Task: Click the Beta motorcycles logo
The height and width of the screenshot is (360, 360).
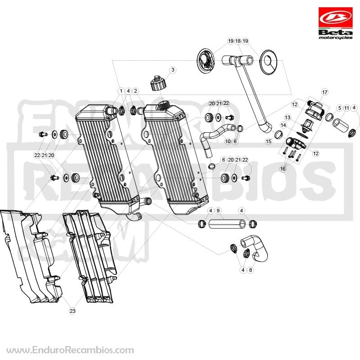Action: pos(335,23)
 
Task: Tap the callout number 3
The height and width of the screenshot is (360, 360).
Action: pos(173,70)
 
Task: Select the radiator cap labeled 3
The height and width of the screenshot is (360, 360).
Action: pos(158,83)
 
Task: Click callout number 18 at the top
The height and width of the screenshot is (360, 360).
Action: pos(238,41)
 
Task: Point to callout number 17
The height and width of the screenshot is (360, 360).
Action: pos(324,92)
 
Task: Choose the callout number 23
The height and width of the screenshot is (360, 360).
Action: pos(72,311)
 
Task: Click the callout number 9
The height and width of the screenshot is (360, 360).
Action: pos(218,211)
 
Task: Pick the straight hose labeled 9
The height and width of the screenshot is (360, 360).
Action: pos(227,224)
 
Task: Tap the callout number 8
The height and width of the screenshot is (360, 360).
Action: pos(251,270)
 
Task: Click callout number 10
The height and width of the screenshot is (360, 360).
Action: pos(228,141)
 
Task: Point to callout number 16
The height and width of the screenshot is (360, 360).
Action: pos(283,169)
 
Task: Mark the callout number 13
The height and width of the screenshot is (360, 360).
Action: pos(288,117)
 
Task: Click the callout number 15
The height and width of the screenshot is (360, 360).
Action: pos(269,141)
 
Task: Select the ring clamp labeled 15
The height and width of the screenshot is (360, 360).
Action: pos(279,135)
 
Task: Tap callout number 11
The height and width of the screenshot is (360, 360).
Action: pos(346,108)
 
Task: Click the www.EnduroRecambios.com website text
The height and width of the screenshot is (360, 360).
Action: pos(70,351)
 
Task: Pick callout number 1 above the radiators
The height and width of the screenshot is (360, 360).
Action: pos(121,91)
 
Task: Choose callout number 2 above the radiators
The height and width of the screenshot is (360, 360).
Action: pos(135,91)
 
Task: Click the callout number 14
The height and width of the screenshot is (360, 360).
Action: pos(283,125)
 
